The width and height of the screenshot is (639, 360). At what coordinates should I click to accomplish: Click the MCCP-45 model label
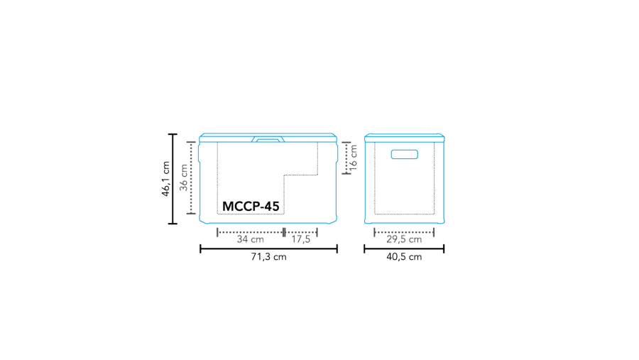(x=251, y=206)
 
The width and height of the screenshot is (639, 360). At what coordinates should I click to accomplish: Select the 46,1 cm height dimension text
(x=165, y=178)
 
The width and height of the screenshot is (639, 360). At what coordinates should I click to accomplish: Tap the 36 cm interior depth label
(x=184, y=178)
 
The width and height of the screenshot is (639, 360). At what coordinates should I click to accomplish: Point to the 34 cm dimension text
(x=250, y=239)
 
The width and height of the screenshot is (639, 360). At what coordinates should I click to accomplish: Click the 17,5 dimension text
(x=301, y=239)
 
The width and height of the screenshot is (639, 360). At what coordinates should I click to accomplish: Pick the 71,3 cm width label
(x=268, y=257)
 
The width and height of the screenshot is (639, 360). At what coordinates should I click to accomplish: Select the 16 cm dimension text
(x=354, y=158)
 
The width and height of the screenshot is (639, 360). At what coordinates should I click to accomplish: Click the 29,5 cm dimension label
(x=404, y=239)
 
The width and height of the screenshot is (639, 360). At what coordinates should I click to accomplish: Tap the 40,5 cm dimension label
(x=404, y=257)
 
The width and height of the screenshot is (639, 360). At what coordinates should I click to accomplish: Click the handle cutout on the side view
(x=404, y=154)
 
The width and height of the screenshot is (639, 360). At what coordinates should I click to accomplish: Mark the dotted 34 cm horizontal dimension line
(x=250, y=231)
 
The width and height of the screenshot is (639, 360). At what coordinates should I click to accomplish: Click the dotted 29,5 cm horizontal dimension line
(x=404, y=231)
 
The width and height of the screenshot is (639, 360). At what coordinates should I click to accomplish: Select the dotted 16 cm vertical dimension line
(x=345, y=158)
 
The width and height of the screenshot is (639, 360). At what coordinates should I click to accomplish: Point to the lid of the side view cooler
(x=404, y=137)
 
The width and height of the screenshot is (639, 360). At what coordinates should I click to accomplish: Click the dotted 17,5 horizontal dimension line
(x=301, y=231)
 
